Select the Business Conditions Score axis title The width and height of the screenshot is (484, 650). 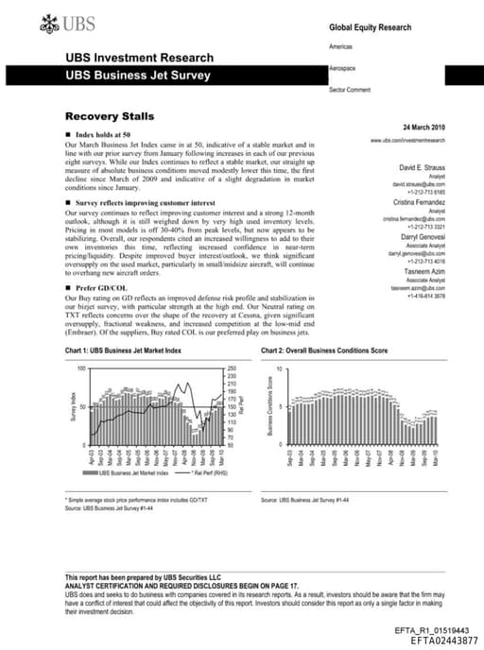[269, 407]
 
